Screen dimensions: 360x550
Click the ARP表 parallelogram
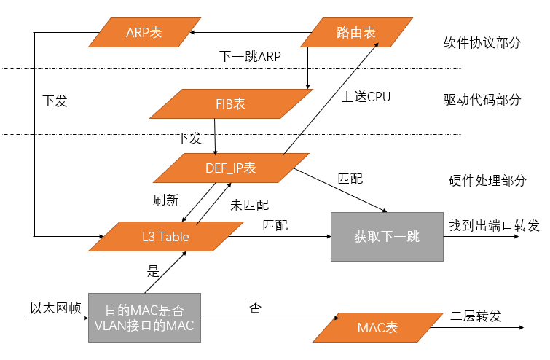coord(144,33)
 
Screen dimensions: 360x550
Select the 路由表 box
coord(356,33)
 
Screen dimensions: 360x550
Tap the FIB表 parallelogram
coord(230,103)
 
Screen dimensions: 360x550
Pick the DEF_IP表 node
coord(230,168)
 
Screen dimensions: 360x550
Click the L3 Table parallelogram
coord(166,237)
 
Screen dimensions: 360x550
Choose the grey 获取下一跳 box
coord(387,237)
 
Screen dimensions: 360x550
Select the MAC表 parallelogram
coord(378,328)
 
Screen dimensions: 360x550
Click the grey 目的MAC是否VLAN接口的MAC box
coord(145,318)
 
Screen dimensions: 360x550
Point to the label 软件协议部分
coord(482,42)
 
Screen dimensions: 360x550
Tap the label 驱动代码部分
coord(482,100)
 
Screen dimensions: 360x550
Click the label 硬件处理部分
coord(486,180)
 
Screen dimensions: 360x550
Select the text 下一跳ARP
coord(250,57)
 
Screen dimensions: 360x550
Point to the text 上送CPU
coord(366,96)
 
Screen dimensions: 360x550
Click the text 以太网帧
coord(50,308)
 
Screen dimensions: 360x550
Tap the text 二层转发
coord(476,316)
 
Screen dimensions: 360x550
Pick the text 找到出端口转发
coord(494,226)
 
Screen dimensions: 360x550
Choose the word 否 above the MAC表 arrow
coord(255,308)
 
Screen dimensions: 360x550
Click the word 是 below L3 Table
coord(153,271)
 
